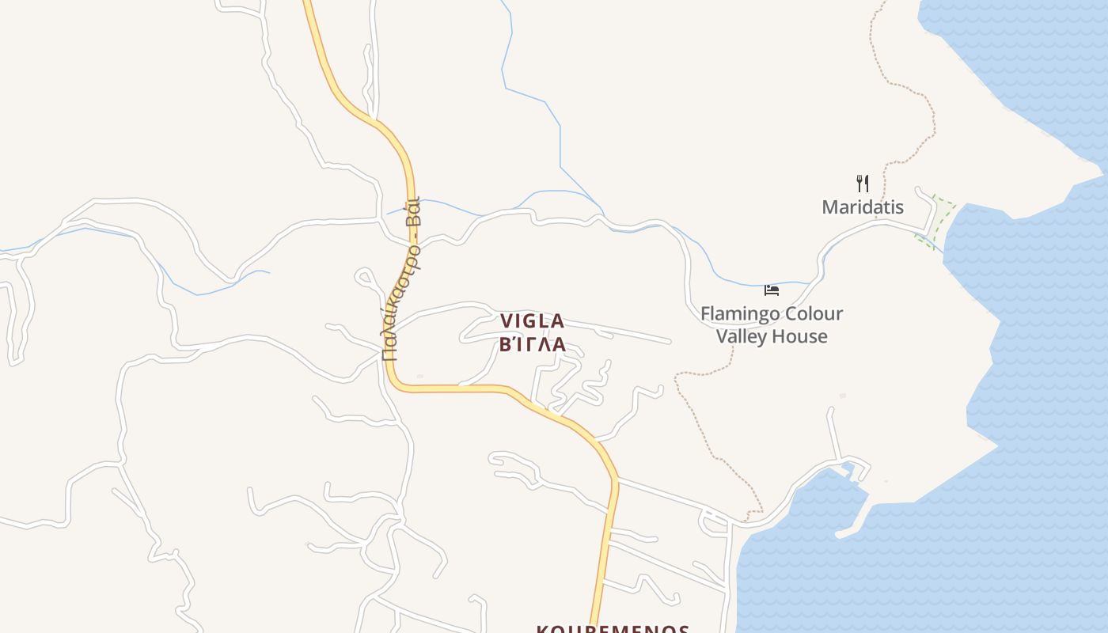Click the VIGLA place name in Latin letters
pyautogui.click(x=532, y=321)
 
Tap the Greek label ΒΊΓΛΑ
pyautogui.click(x=532, y=345)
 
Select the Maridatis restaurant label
pyautogui.click(x=863, y=207)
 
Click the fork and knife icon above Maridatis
pyautogui.click(x=863, y=184)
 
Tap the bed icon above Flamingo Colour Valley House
pyautogui.click(x=771, y=290)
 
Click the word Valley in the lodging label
pyautogui.click(x=743, y=336)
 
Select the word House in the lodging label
pyautogui.click(x=801, y=336)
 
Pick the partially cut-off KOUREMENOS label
pyautogui.click(x=613, y=628)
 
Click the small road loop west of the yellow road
pyautogui.click(x=364, y=277)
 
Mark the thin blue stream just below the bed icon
pyautogui.click(x=760, y=284)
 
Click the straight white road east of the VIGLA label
pyautogui.click(x=625, y=332)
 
